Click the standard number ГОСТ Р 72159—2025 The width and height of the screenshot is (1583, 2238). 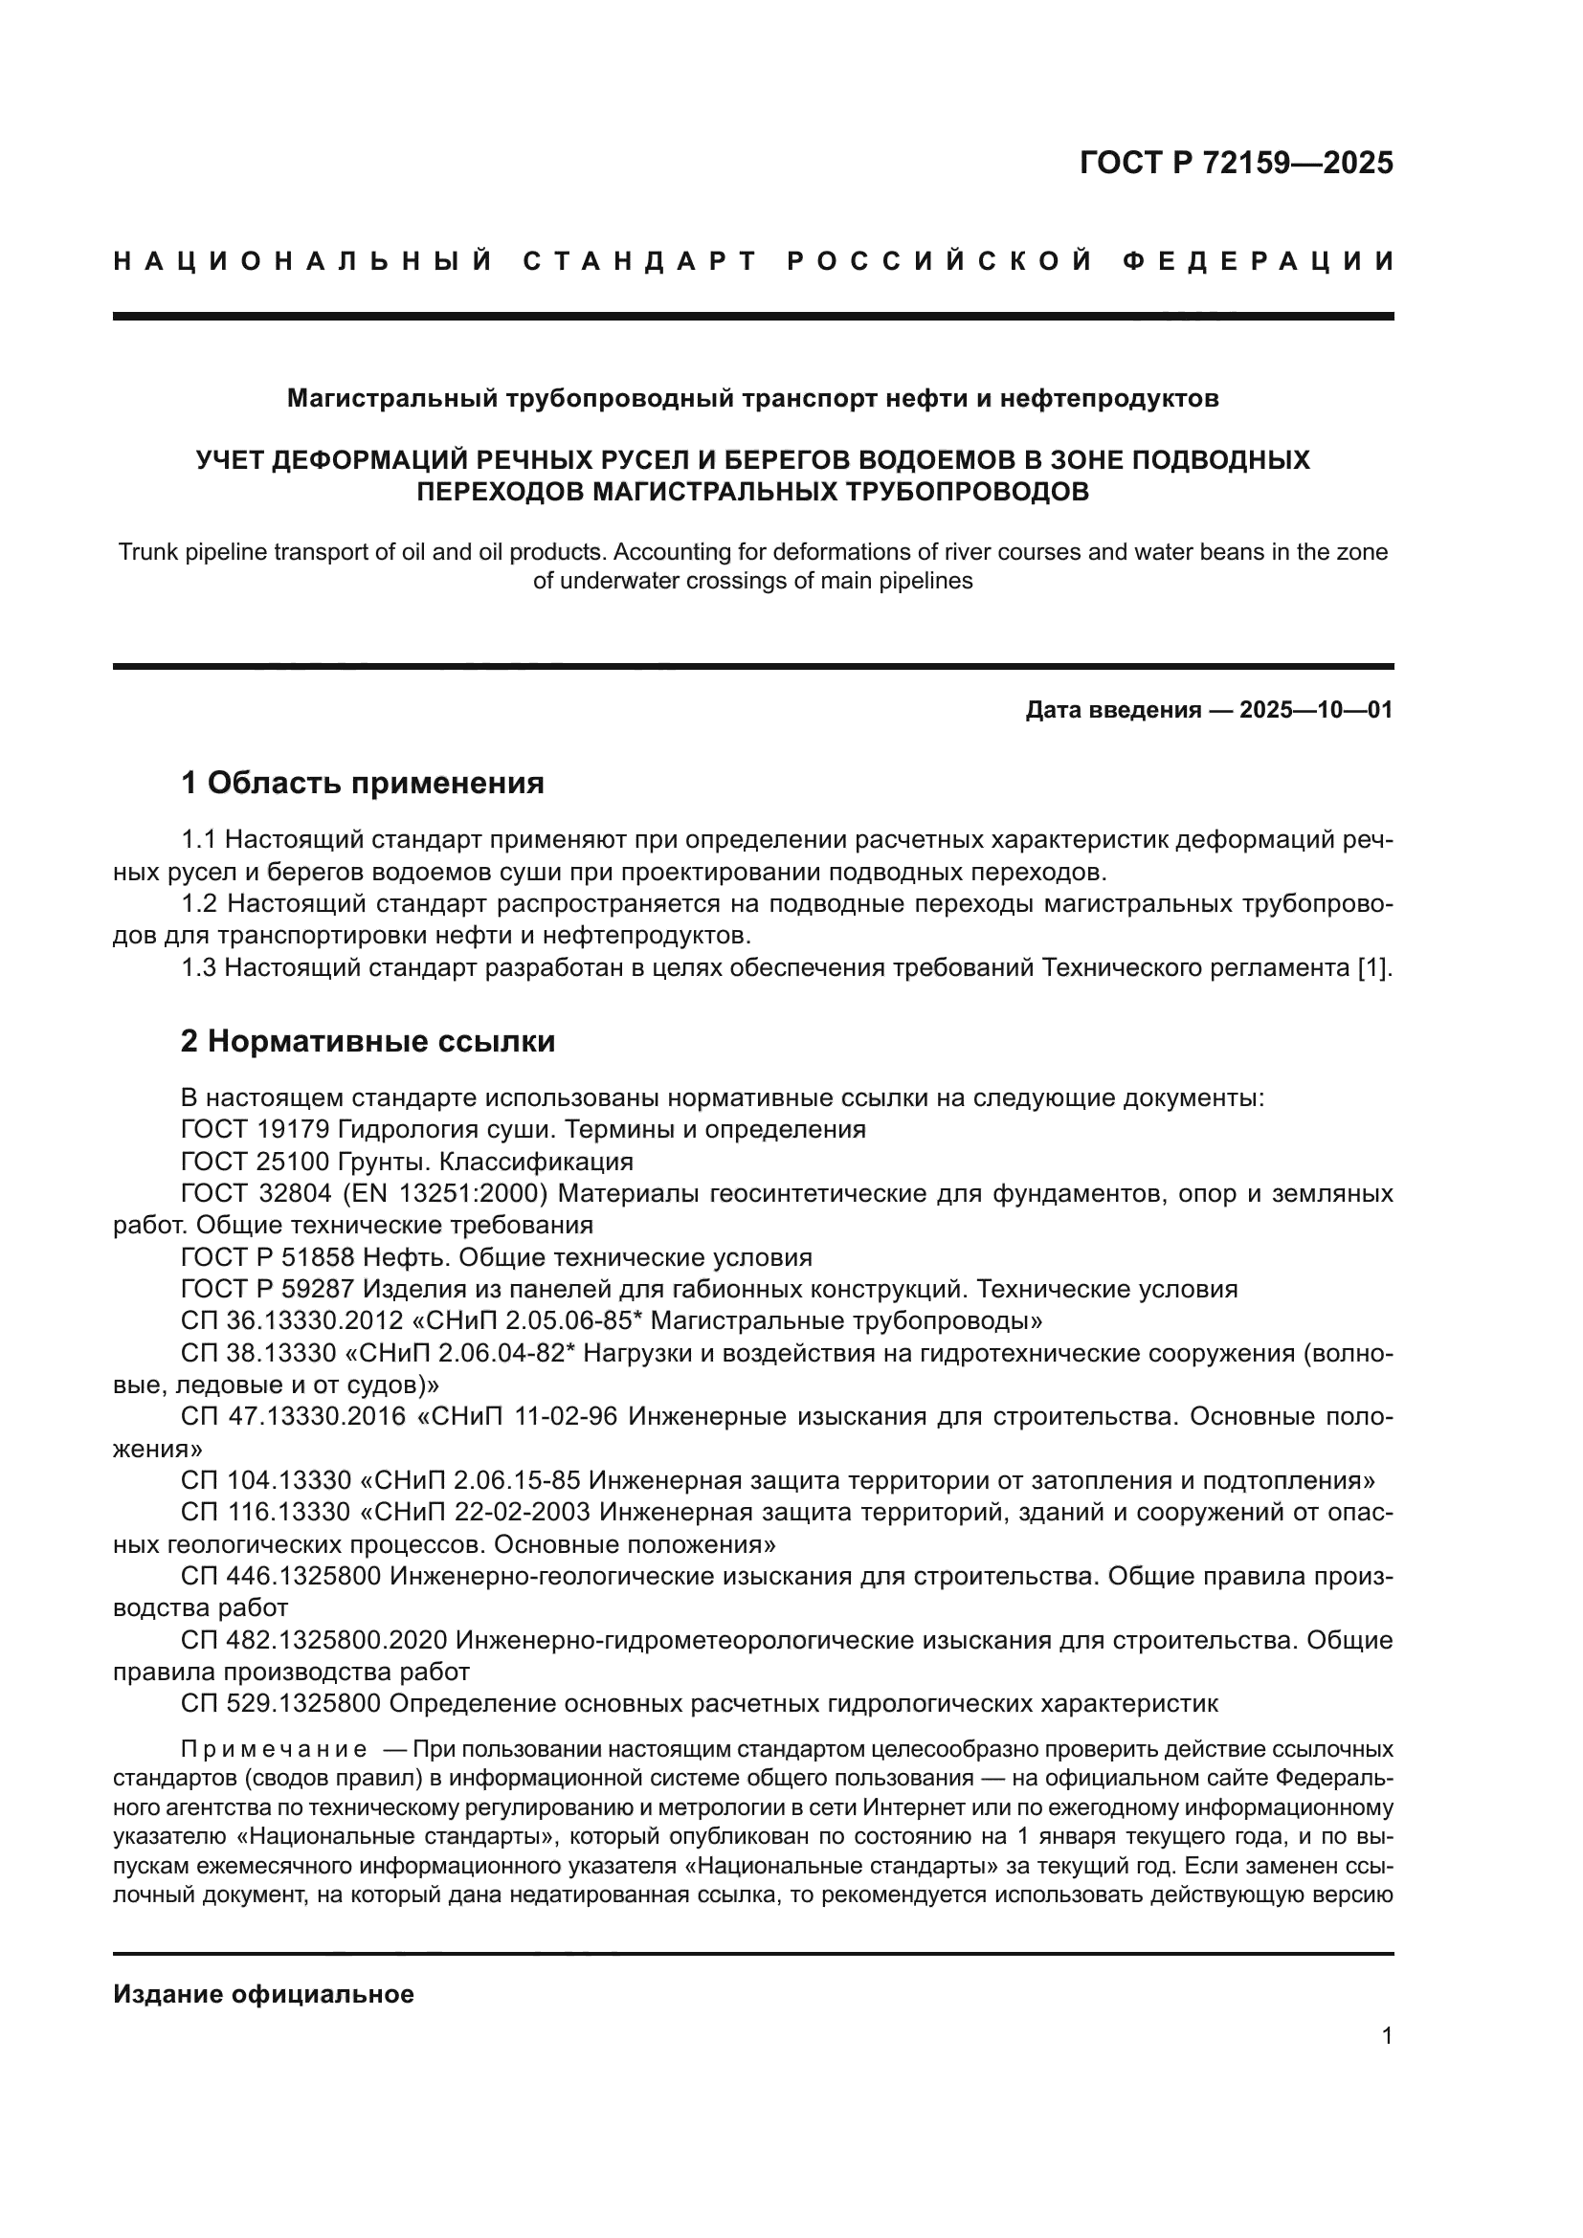(1236, 163)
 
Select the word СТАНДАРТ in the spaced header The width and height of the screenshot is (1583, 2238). (640, 261)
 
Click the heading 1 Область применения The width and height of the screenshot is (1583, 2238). (363, 782)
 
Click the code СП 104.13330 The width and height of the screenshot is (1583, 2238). (265, 1480)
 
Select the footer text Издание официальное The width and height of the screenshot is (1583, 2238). (263, 1993)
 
